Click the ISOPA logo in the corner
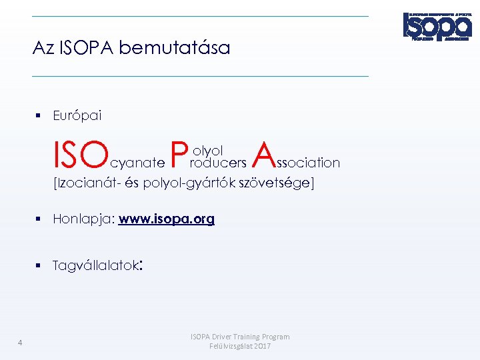[437, 27]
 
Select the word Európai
[77, 116]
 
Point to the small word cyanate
[137, 163]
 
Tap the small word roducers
[218, 163]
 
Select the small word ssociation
[308, 163]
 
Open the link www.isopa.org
[167, 219]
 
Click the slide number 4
[21, 343]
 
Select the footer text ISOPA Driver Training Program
[240, 337]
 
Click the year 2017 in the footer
[262, 346]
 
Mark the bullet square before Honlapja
[39, 219]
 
